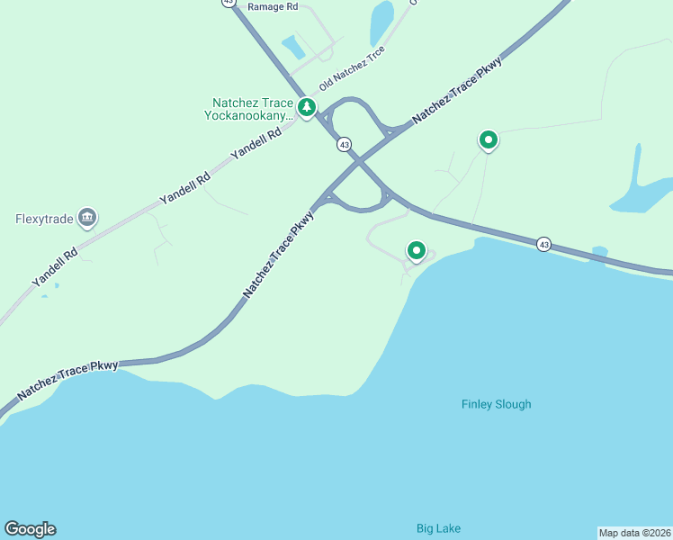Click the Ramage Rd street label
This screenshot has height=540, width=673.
tap(273, 6)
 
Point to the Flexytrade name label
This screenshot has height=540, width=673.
tap(43, 218)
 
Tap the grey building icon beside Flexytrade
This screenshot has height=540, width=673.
tap(87, 217)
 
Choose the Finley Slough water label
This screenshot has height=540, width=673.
tap(496, 404)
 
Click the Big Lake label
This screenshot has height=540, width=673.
tap(438, 528)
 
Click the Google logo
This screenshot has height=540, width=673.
tap(30, 529)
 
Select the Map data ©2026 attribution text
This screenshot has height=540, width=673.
tap(634, 533)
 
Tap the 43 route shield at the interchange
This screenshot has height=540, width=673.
tap(344, 144)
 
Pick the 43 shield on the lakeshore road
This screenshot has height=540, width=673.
tap(543, 244)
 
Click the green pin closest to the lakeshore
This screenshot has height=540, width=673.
tap(416, 251)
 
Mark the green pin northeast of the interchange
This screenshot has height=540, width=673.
tap(488, 139)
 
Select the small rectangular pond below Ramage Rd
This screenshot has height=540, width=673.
tap(293, 46)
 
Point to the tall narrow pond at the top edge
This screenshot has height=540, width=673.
tap(382, 22)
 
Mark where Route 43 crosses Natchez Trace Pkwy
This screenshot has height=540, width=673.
tap(359, 161)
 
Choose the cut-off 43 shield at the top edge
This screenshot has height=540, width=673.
tap(229, 3)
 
